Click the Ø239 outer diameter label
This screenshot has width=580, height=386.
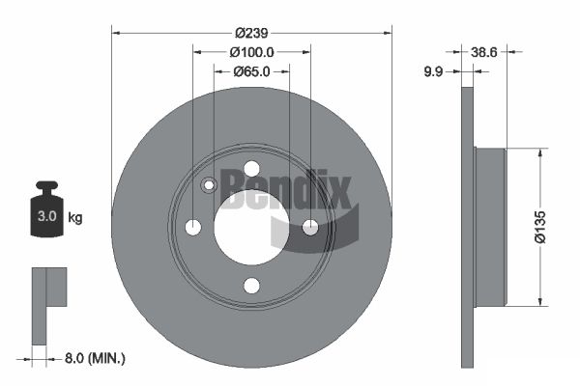(251, 33)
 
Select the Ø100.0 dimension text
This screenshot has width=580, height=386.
(251, 52)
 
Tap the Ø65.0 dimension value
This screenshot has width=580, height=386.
(251, 71)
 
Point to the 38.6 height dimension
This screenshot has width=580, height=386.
(484, 52)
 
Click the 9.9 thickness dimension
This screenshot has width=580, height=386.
(433, 71)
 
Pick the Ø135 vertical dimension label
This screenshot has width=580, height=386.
(540, 227)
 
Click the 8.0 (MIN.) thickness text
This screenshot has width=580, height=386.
(95, 358)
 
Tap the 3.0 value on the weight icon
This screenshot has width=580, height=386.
(47, 216)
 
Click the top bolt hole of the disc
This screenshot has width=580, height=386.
(252, 169)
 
